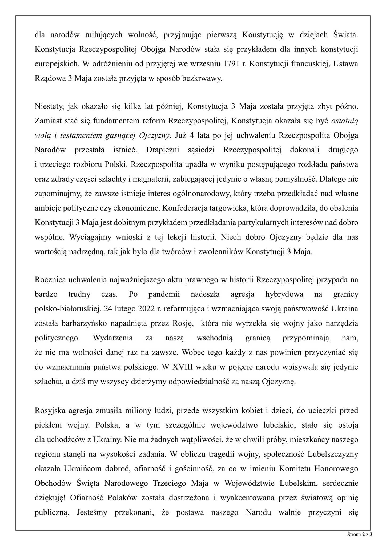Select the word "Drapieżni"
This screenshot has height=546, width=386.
[162, 150]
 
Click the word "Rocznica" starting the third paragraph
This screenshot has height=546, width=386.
[51, 280]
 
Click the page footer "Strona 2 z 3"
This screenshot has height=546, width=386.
[360, 534]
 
